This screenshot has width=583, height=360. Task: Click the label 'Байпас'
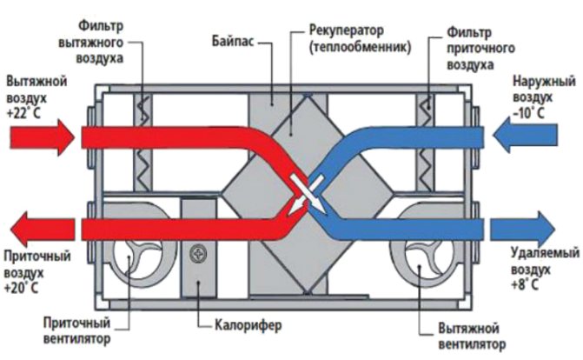(232, 41)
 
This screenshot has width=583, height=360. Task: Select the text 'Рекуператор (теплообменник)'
(347, 40)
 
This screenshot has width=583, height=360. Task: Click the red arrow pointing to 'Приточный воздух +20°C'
(43, 229)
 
